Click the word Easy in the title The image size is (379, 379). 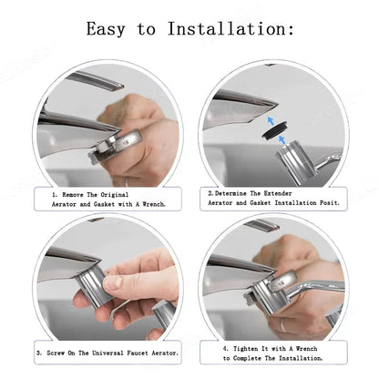point(106,29)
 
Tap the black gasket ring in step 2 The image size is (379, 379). point(275,130)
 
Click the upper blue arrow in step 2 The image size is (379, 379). point(271,121)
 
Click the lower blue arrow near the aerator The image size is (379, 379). point(282,139)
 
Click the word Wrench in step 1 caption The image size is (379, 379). point(154,204)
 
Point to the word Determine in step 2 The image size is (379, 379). point(230,193)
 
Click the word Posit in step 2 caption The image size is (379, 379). point(329,202)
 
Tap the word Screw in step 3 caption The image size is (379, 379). point(56,353)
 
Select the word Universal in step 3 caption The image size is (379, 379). point(108,353)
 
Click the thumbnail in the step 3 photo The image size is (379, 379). point(112,282)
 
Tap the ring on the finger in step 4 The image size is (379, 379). point(282,325)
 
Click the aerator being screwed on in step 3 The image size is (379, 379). point(92,284)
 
